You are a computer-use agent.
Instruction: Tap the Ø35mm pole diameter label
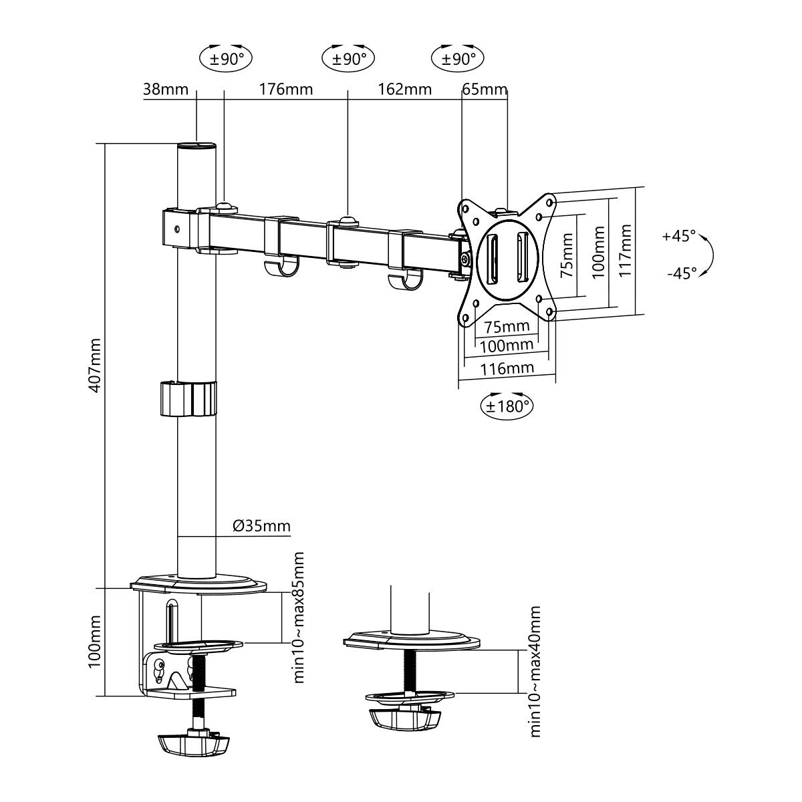262,526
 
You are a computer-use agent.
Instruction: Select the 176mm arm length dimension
286,90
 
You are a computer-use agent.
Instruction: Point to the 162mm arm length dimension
404,90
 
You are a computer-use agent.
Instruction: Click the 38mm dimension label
166,90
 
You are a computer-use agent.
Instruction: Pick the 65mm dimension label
485,90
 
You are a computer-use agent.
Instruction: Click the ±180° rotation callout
507,406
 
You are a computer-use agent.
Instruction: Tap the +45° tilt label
679,236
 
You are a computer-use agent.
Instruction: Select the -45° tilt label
681,273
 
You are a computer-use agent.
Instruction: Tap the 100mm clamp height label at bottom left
95,642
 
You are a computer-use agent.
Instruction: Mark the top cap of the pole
197,144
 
